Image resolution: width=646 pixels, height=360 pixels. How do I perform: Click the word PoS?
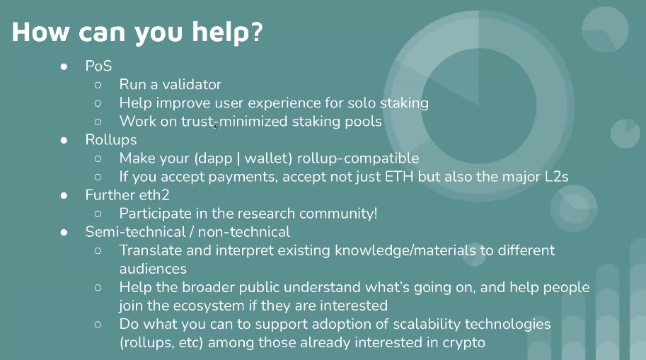pos(99,66)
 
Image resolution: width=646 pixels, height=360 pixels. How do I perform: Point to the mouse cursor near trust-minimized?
pos(215,125)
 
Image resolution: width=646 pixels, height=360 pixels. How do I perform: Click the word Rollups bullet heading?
pos(112,140)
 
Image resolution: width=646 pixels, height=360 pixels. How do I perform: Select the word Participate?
pos(154,214)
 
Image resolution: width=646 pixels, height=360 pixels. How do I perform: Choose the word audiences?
pos(153,269)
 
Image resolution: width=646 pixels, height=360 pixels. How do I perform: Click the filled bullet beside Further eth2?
pos(64,195)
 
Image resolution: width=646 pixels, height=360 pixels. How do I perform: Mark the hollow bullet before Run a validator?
pos(98,85)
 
